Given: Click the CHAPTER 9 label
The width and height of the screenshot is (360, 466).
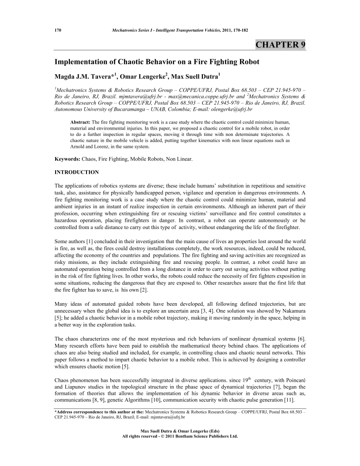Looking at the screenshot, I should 281,45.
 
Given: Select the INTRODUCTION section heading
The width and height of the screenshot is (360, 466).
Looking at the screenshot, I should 76,171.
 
